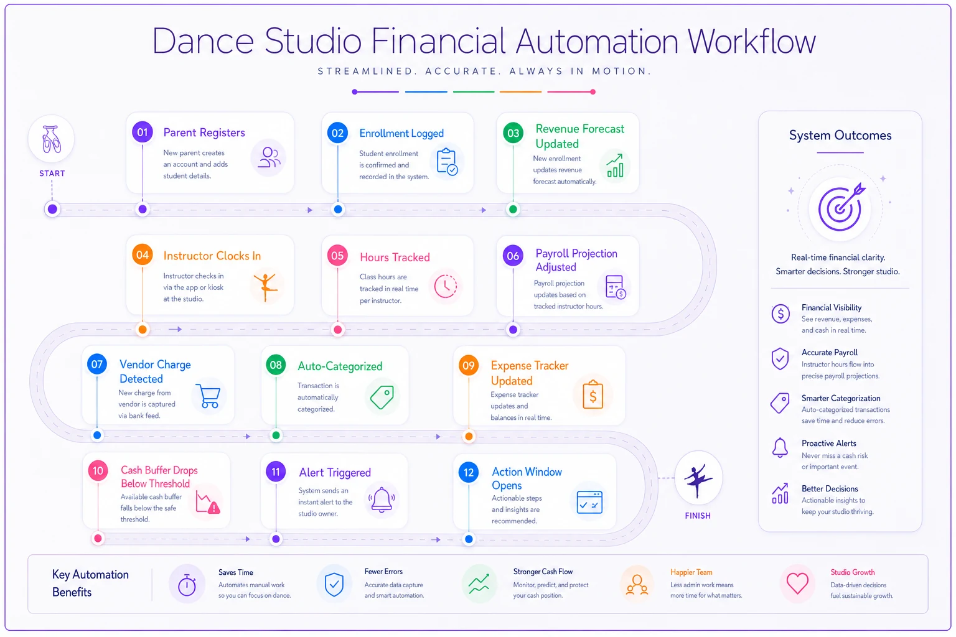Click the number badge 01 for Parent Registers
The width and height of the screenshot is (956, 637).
(x=142, y=133)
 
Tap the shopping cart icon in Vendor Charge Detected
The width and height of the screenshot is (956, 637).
(x=209, y=396)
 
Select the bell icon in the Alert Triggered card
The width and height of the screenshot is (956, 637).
(x=382, y=499)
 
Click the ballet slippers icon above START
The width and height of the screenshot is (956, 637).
(x=52, y=139)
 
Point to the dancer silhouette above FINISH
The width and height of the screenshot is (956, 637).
(x=698, y=480)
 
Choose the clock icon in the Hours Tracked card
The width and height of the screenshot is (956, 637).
(x=445, y=286)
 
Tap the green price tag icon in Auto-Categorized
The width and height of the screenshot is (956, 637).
(x=382, y=398)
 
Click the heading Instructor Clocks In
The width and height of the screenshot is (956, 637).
(x=212, y=256)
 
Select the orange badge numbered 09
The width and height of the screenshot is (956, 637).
(x=469, y=365)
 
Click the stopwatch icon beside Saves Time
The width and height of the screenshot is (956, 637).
(x=187, y=585)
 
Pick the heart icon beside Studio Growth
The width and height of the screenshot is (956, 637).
(x=797, y=584)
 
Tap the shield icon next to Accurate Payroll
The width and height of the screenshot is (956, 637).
(x=780, y=358)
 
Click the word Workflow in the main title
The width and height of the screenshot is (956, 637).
(x=751, y=42)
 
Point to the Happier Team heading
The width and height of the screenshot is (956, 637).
(x=691, y=572)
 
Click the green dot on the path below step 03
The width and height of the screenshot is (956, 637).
(x=513, y=210)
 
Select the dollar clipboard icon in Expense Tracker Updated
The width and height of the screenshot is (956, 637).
(x=593, y=394)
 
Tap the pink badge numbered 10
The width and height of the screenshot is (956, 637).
(x=98, y=471)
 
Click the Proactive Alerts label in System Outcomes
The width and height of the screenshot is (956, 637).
(x=828, y=444)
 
